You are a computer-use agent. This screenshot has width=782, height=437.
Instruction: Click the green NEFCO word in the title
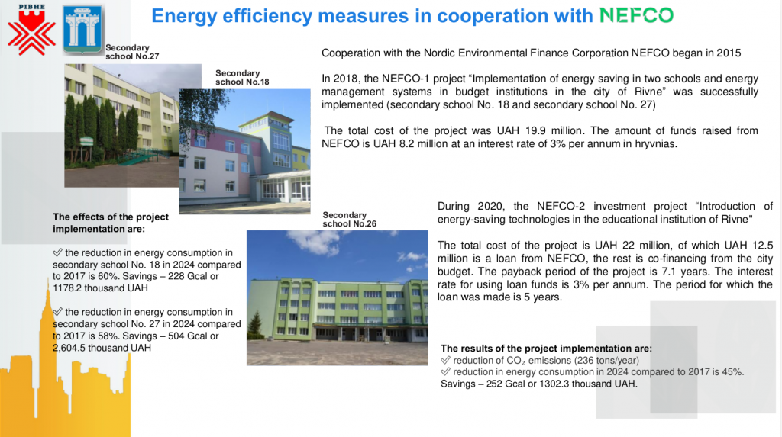636,15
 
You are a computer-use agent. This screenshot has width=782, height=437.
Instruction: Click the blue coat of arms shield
82,29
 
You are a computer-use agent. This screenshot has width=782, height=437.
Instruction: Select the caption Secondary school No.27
132,52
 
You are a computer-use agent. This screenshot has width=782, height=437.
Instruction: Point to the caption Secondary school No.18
242,77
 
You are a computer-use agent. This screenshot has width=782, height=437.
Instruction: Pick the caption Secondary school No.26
349,219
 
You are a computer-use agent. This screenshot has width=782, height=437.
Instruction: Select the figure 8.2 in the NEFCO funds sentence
407,143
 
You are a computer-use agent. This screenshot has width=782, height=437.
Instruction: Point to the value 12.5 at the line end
763,245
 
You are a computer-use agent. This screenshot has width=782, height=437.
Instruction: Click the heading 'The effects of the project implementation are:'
111,223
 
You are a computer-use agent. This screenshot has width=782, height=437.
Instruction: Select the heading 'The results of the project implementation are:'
546,349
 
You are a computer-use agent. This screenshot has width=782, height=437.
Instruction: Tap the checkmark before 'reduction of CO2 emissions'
445,360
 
